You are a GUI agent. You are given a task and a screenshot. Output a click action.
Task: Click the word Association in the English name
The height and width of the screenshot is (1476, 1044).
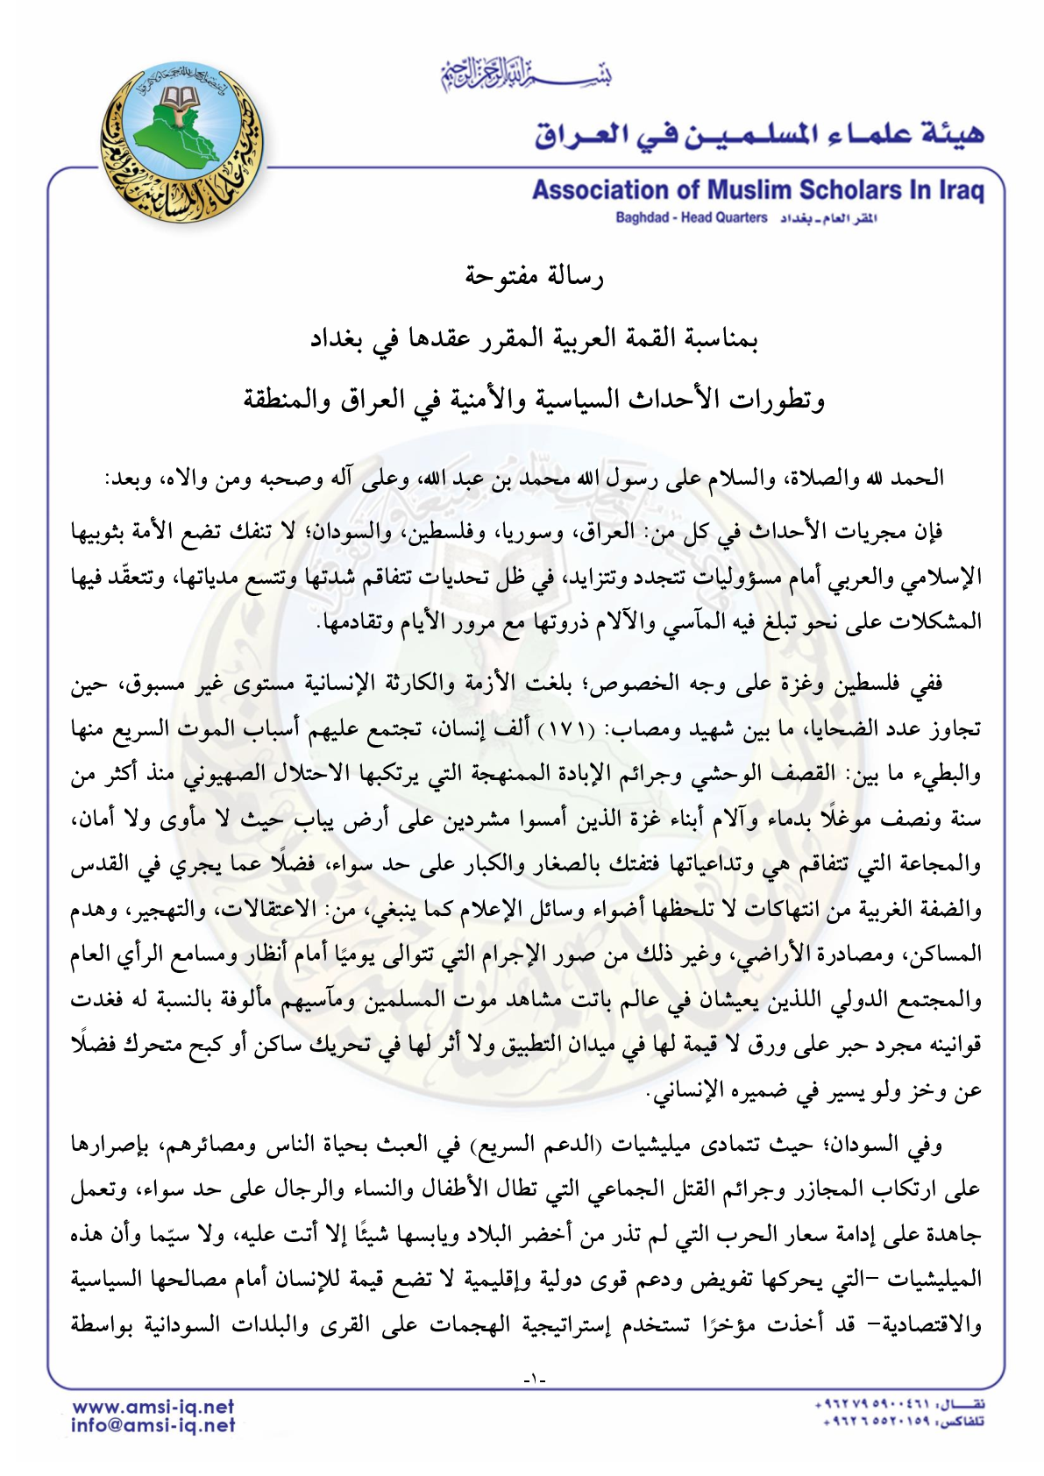point(600,190)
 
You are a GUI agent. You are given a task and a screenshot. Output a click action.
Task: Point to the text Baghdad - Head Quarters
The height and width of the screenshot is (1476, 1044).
point(691,218)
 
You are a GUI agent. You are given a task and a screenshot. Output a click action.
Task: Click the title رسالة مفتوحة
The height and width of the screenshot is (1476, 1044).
point(534,277)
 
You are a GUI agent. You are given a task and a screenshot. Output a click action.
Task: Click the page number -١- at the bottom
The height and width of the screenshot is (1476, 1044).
point(533,1380)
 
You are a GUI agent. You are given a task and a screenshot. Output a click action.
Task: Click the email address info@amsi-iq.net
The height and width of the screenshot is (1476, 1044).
point(153,1425)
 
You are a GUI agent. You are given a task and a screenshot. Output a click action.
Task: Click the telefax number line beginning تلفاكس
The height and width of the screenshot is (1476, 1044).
point(898,1423)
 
